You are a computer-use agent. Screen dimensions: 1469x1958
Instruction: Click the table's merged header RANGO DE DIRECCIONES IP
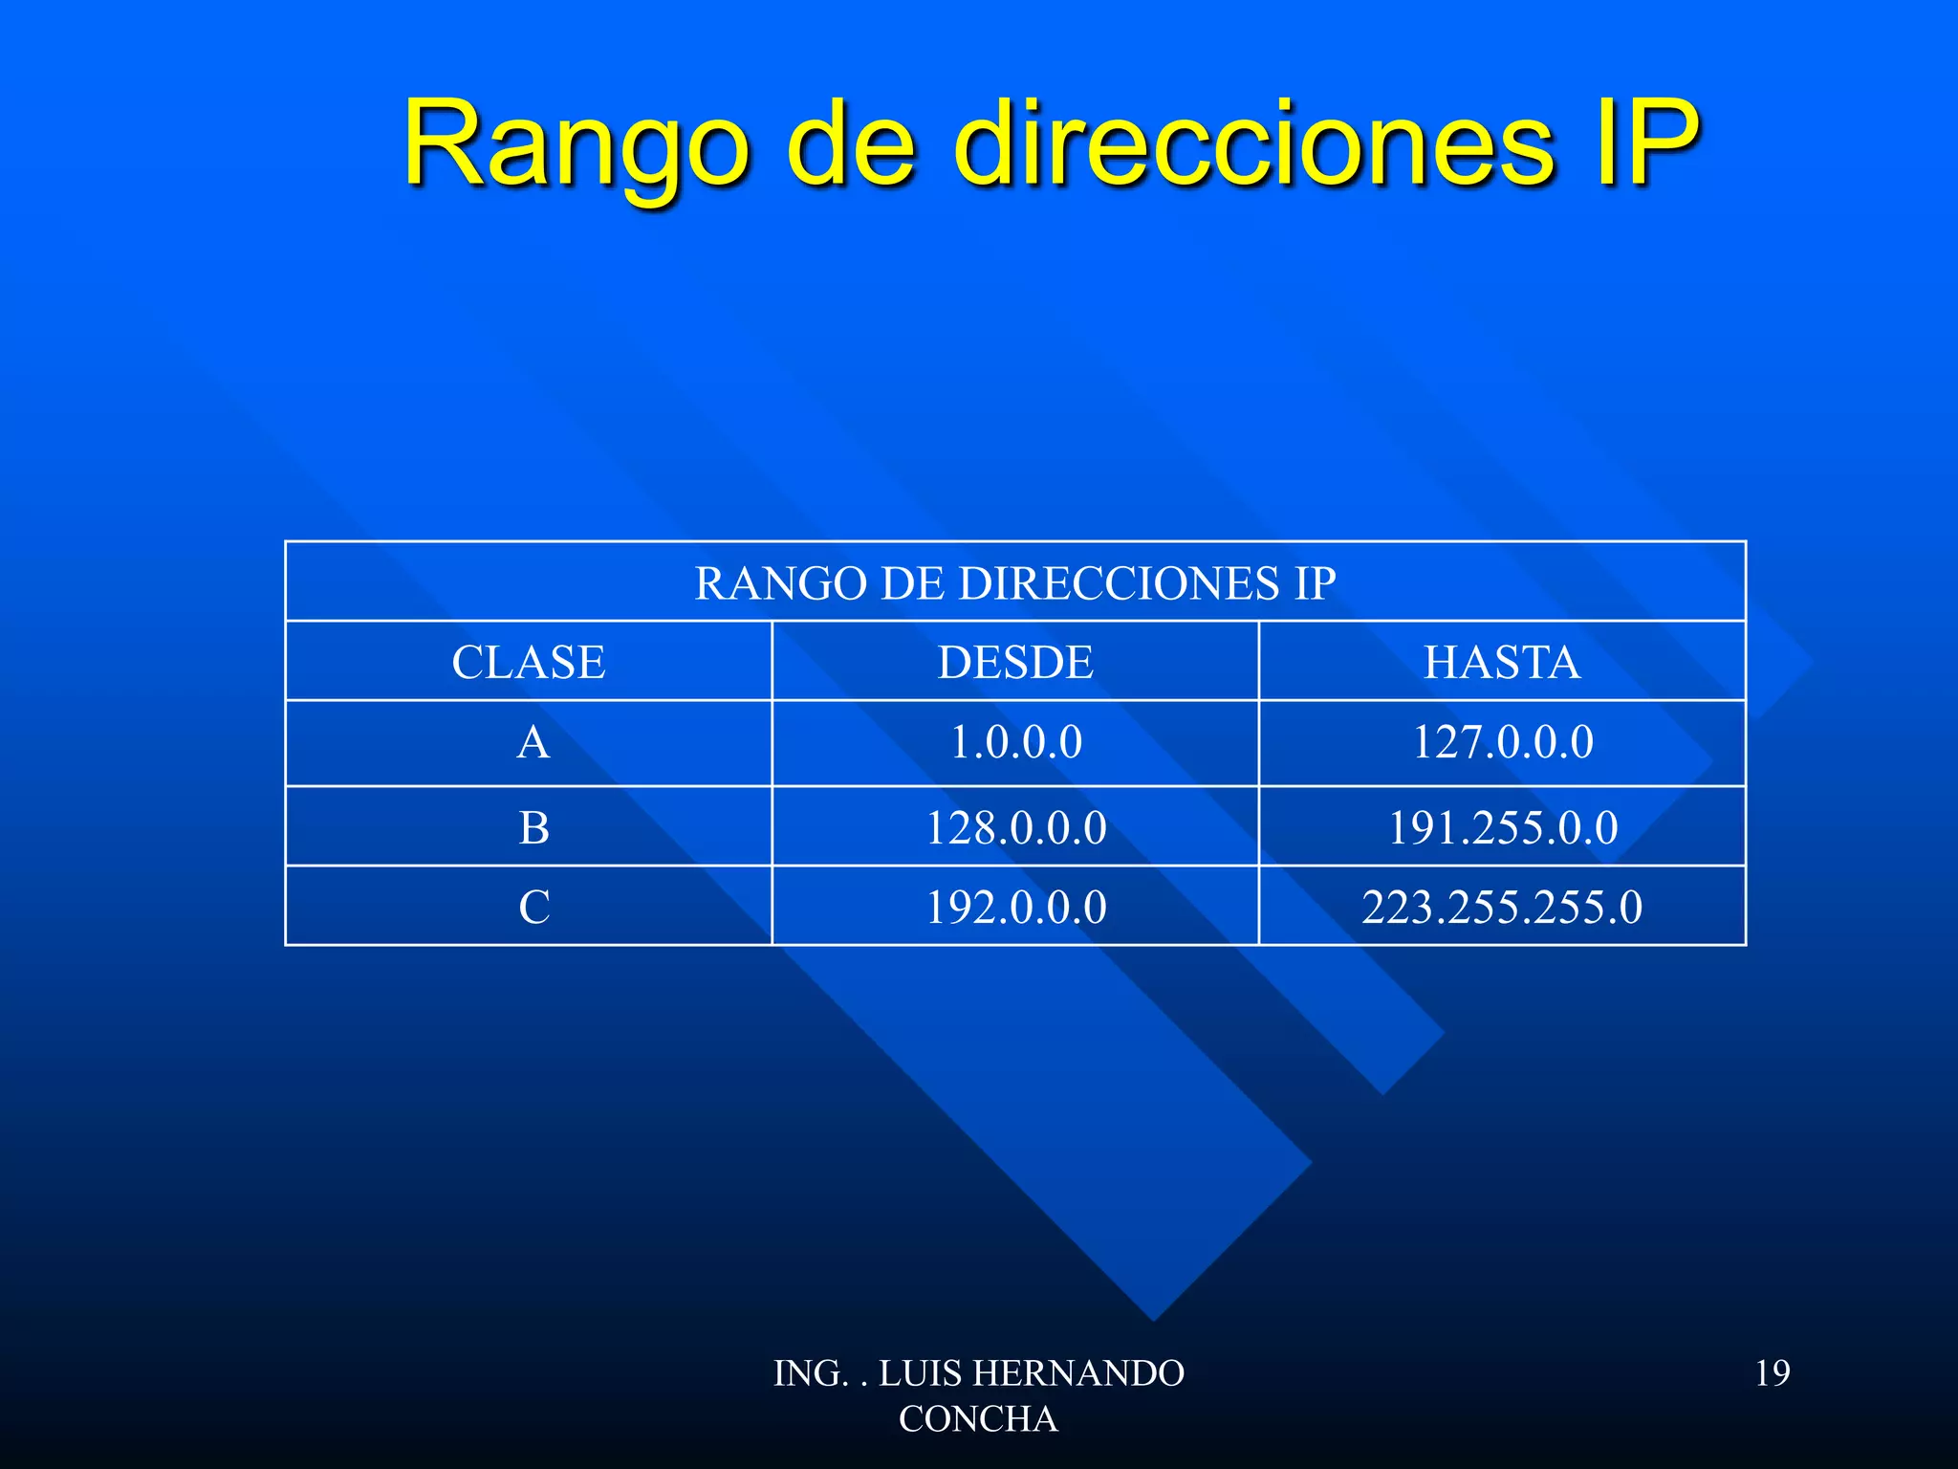[1015, 583]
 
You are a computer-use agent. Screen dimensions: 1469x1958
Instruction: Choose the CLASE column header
[529, 663]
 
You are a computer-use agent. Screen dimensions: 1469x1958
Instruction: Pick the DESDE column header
[1015, 663]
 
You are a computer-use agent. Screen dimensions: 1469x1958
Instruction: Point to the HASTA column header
[1502, 663]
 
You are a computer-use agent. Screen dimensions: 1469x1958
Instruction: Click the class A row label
[533, 743]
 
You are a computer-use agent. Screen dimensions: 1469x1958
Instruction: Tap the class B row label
[533, 828]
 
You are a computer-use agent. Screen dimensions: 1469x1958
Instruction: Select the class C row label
[533, 908]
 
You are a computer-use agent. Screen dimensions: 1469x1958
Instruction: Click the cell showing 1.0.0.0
[1015, 743]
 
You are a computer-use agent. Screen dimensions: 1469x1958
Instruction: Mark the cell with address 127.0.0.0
[1503, 743]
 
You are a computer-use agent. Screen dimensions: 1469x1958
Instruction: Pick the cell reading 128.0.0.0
[1015, 828]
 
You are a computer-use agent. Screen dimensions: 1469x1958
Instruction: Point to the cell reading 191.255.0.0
[1503, 828]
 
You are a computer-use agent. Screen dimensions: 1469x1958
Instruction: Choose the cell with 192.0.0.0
[1015, 908]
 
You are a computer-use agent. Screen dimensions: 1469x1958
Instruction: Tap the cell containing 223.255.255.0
[1502, 908]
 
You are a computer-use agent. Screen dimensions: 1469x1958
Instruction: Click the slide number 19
[1773, 1373]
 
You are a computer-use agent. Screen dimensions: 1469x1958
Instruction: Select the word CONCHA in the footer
[978, 1419]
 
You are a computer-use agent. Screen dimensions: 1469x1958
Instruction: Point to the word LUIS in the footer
[920, 1373]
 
